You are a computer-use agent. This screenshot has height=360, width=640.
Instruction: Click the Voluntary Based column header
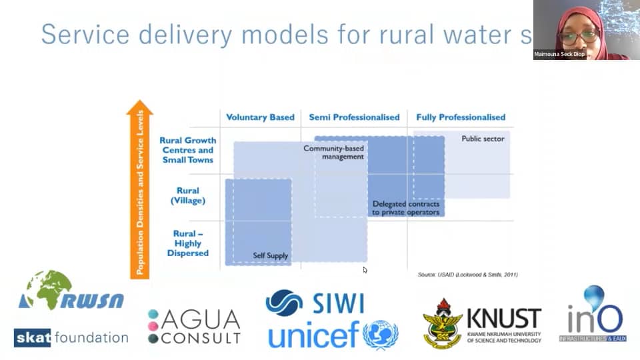[x=260, y=117]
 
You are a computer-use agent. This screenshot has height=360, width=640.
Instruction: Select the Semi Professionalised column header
[x=354, y=117]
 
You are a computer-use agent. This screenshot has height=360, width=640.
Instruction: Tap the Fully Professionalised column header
[x=461, y=117]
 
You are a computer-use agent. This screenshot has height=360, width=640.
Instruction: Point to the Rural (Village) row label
[x=188, y=195]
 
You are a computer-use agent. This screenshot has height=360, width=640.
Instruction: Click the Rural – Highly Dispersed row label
[x=188, y=243]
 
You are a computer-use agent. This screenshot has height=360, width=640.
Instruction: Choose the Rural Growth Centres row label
[x=188, y=150]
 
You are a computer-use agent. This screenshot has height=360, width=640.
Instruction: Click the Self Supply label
[x=270, y=255]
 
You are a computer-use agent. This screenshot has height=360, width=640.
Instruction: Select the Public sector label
[x=483, y=139]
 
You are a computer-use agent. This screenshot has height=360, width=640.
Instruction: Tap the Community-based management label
[x=334, y=152]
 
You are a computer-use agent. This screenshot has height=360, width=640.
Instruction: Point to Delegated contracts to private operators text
[x=405, y=208]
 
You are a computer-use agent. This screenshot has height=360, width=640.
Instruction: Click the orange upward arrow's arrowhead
[x=139, y=107]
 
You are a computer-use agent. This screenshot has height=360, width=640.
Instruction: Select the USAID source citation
[x=467, y=275]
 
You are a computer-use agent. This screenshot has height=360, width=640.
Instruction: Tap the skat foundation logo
[x=71, y=337]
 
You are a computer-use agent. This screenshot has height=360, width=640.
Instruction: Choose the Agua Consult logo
[x=194, y=327]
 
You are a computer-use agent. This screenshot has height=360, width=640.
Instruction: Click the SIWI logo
[x=315, y=302]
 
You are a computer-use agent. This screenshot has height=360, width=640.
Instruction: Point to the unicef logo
[x=333, y=335]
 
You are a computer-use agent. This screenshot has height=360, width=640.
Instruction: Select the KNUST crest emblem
[x=443, y=323]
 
